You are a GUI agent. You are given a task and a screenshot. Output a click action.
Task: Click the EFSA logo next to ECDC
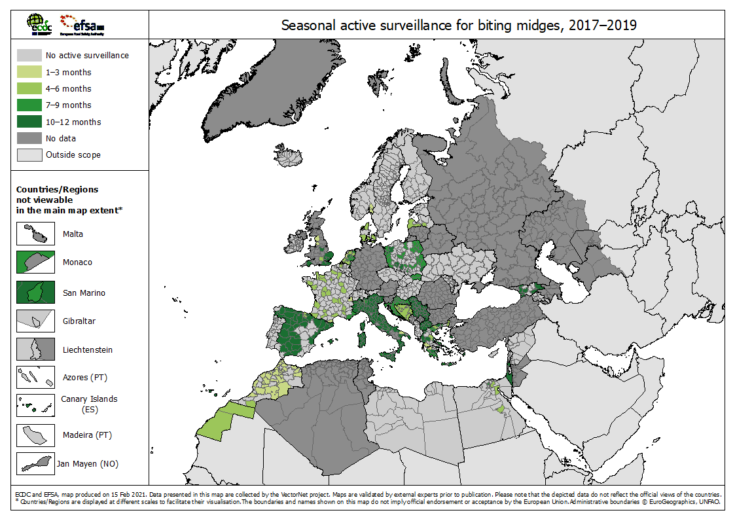[81, 25]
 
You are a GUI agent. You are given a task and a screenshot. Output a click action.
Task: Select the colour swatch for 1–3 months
[29, 73]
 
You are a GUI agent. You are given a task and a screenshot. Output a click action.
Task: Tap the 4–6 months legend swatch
[29, 89]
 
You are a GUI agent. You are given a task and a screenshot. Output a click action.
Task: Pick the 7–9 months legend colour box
[29, 105]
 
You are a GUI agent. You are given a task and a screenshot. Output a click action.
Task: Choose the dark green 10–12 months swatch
[29, 122]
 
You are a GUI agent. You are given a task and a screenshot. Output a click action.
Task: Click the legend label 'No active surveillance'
[87, 56]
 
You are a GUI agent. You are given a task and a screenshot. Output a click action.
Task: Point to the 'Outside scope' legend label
[73, 155]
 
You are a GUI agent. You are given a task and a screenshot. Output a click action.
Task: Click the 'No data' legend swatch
[29, 139]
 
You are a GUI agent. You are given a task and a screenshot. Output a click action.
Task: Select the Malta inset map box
[35, 234]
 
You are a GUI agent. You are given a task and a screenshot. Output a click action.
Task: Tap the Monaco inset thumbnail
[35, 262]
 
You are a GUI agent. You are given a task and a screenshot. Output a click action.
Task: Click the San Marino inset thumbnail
[35, 293]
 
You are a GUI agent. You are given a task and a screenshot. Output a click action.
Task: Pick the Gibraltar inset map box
[35, 321]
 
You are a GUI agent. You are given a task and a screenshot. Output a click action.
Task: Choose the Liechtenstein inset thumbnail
[35, 349]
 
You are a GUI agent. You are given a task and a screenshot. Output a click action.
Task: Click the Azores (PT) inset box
[35, 378]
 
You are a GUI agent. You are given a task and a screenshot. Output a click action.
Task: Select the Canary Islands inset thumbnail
[35, 405]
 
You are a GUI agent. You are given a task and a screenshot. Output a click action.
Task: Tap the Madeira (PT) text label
[88, 435]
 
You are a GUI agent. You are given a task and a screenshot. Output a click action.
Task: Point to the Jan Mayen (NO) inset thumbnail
[35, 463]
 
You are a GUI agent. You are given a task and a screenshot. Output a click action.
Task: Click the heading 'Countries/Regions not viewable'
[57, 194]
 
